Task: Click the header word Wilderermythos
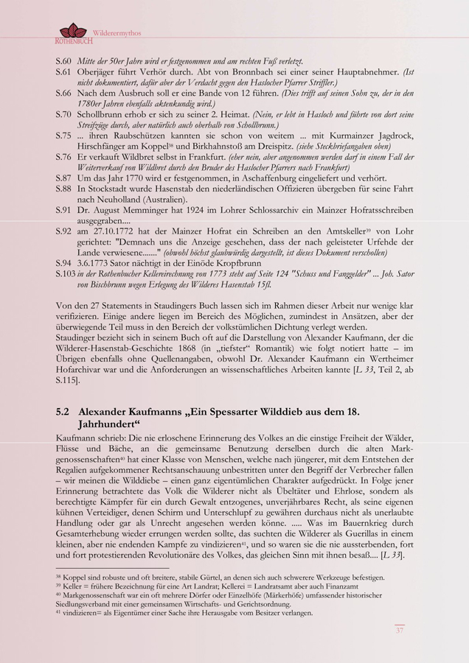[x=117, y=33]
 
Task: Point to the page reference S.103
[x=66, y=273]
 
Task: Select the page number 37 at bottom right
[x=400, y=631]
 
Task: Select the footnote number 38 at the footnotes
[x=58, y=577]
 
